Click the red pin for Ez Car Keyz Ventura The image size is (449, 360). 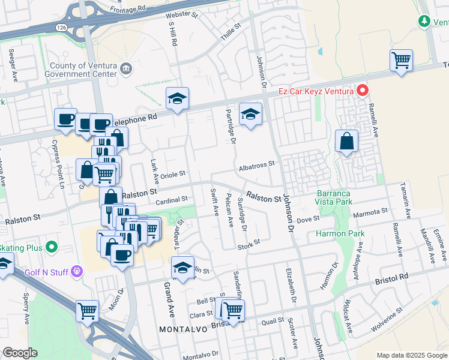[363, 91]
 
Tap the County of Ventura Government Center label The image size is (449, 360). [83, 70]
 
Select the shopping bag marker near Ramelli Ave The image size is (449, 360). [346, 142]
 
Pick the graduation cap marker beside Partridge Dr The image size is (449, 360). [250, 113]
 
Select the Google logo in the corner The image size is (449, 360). [20, 352]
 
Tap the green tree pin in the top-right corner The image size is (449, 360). [424, 21]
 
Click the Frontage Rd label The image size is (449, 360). [128, 10]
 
